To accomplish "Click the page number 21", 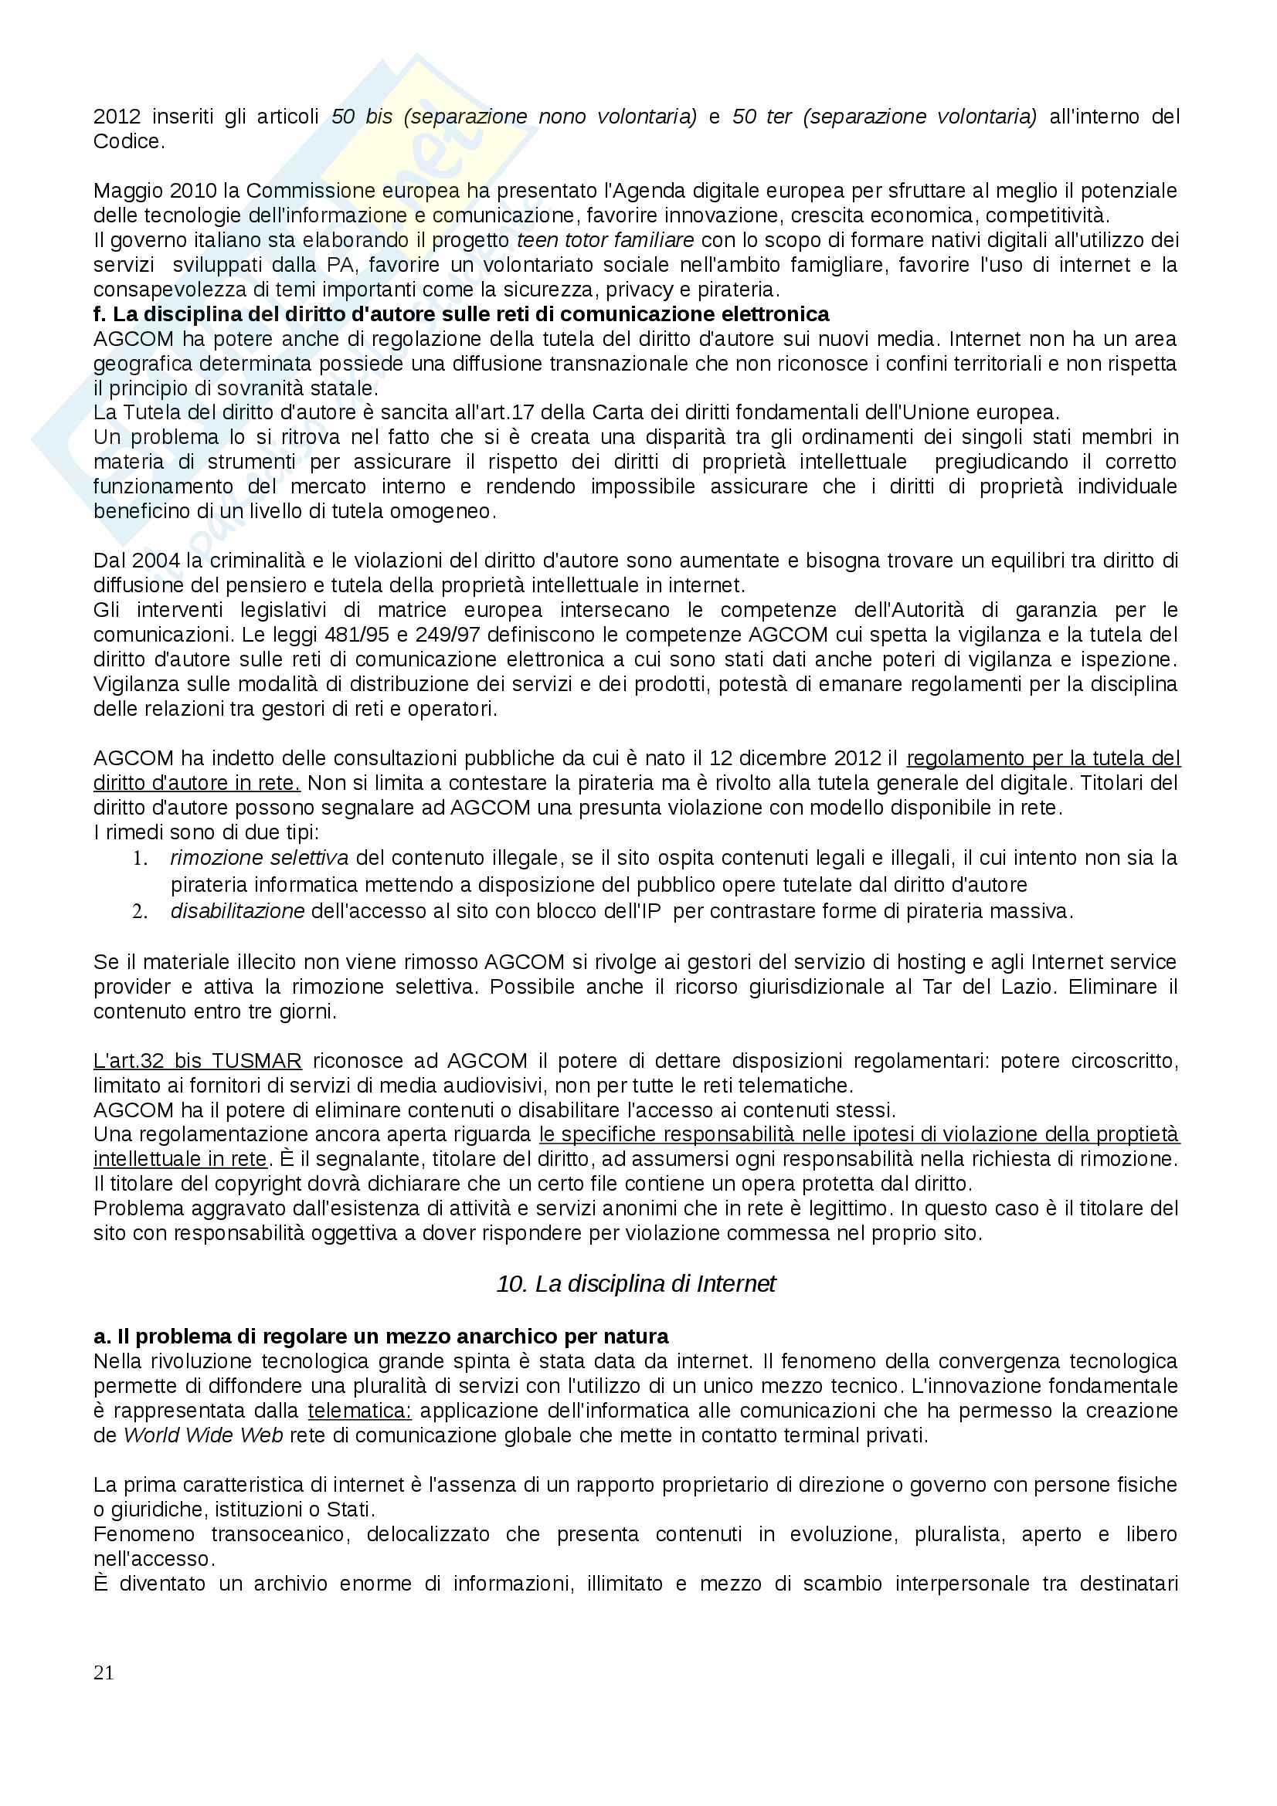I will point(104,1672).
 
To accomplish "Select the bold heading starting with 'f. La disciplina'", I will point(461,314).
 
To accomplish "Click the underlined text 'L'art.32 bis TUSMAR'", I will point(198,1061).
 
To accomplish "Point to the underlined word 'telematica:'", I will point(359,1411).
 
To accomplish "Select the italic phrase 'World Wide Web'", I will point(203,1435).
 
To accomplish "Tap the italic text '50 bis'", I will point(362,117).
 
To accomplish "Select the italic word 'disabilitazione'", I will point(238,912).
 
